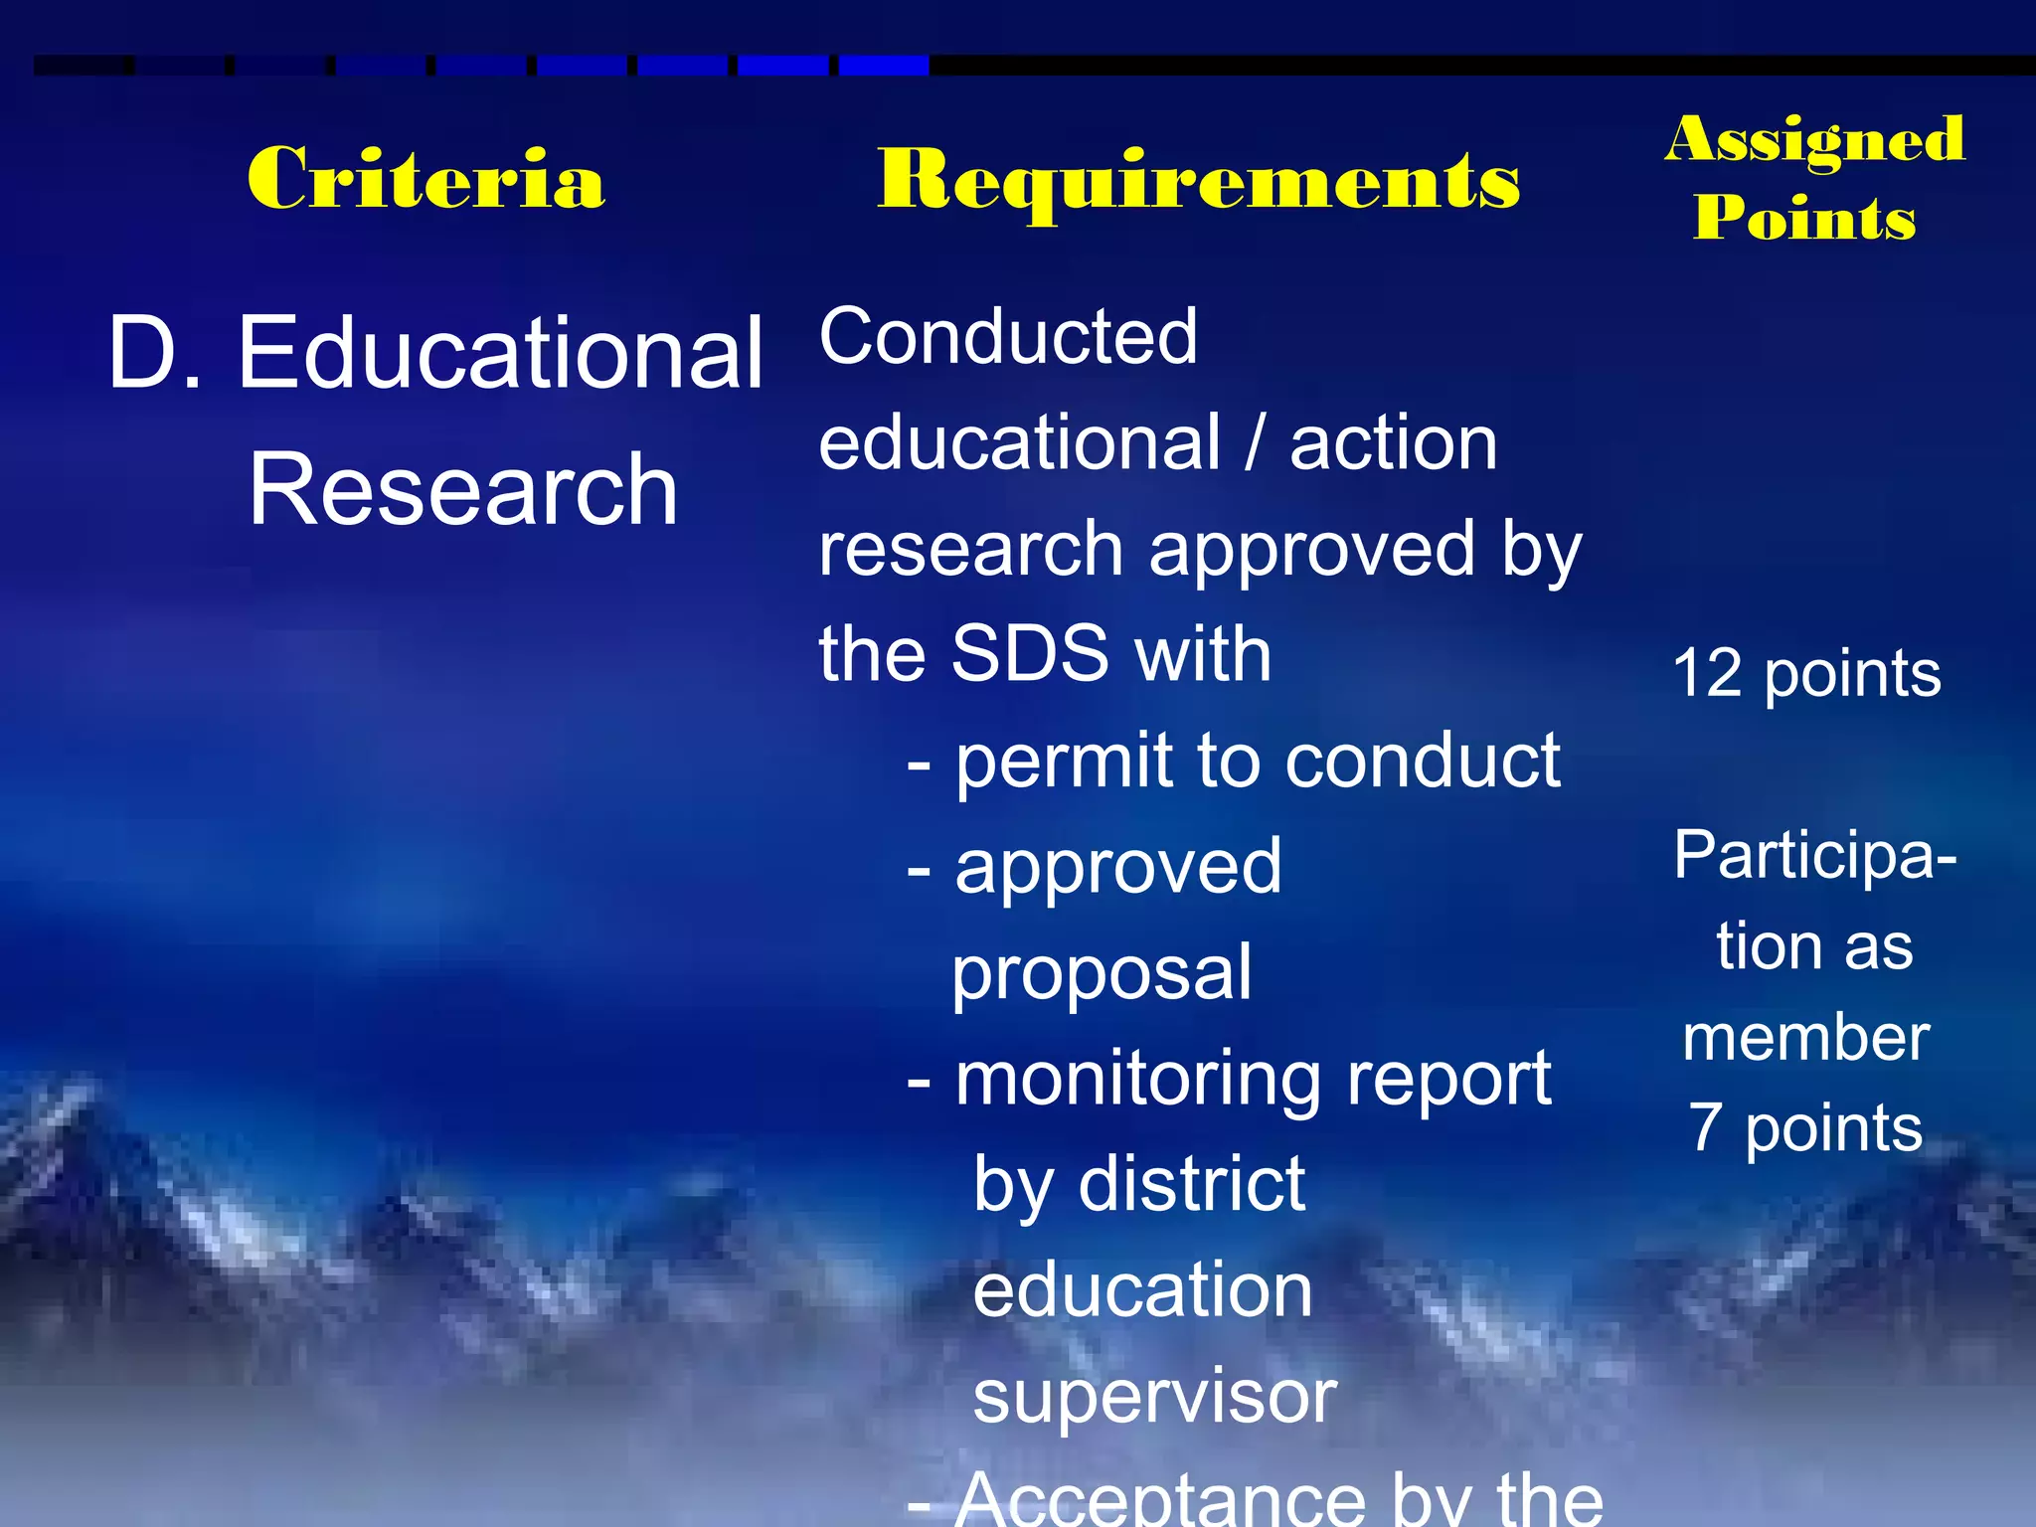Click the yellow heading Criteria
pos(425,179)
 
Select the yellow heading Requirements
pos(1198,181)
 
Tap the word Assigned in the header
pos(1815,139)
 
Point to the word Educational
pos(499,352)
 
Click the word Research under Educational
pos(462,489)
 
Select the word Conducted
pos(1007,337)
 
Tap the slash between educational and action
pos(1255,443)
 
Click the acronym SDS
pos(1030,654)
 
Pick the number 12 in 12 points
pos(1707,674)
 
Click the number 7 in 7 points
pos(1706,1127)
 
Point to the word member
pos(1805,1038)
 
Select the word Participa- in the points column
pos(1814,855)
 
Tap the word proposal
pos(1102,974)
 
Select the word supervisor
pos(1154,1397)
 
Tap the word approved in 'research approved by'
pos(1312,551)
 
